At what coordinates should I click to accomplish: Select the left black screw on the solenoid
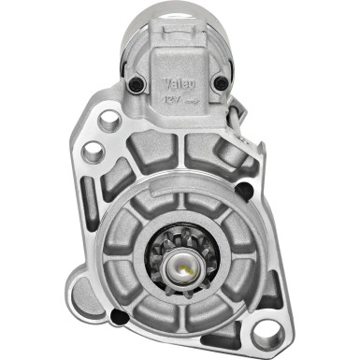138,87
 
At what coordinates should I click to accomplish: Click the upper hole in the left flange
108,119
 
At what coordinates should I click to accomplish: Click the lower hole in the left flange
93,151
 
